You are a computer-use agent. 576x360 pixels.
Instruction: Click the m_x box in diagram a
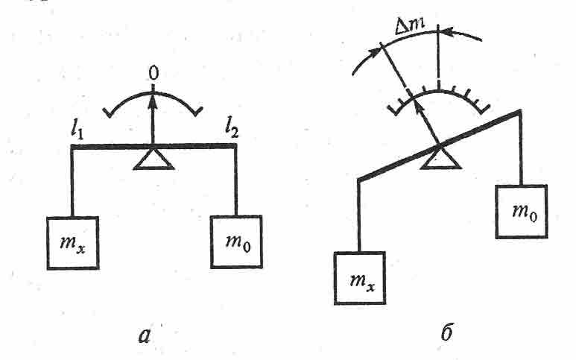point(72,242)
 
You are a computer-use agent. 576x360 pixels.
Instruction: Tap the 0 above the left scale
point(154,75)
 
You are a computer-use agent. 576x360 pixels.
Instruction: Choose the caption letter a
point(146,335)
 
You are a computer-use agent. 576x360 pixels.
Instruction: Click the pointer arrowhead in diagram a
point(154,93)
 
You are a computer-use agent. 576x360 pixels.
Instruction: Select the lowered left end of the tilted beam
point(360,179)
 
